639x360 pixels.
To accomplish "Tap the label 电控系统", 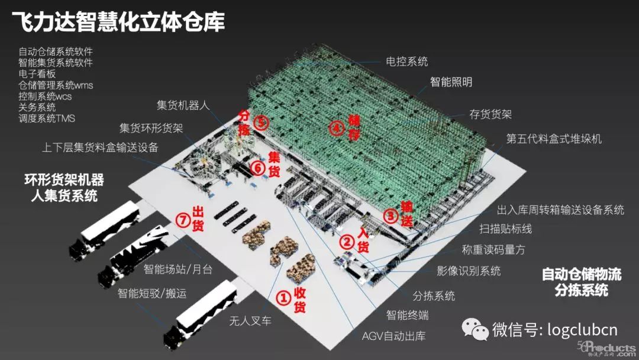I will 406,61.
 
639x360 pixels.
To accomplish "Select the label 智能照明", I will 451,82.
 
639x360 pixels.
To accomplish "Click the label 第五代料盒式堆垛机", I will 554,139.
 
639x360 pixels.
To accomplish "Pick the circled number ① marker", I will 285,298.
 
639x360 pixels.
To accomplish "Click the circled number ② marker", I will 347,242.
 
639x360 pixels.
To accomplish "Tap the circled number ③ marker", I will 390,216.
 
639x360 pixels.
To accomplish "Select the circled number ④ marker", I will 337,128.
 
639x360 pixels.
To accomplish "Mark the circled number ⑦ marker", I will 184,220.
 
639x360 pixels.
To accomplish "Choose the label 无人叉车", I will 250,322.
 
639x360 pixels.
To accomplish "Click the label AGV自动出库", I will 393,336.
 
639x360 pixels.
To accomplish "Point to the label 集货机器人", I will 183,105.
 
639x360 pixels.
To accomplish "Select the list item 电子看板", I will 37,74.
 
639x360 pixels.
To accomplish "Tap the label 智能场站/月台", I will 177,269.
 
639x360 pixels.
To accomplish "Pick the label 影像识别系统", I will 469,271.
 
